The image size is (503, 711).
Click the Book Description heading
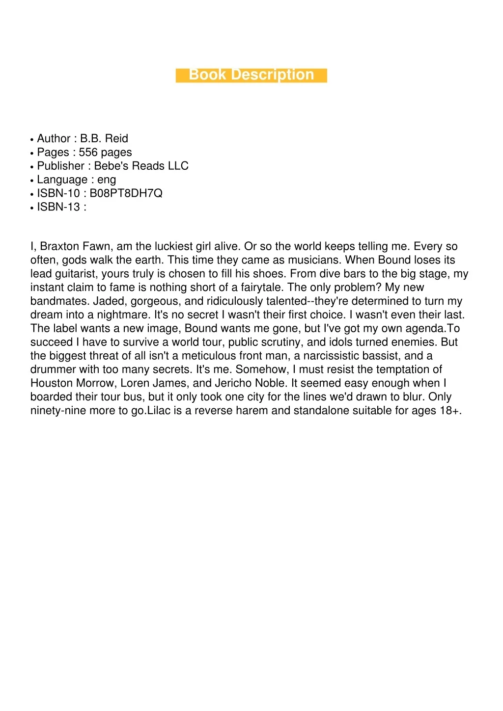(251, 75)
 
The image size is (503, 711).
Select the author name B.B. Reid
(104, 138)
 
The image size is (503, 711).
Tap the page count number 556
(88, 152)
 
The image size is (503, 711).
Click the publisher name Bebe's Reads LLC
(141, 166)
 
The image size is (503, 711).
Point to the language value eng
(107, 180)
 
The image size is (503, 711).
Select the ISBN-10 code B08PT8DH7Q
(126, 193)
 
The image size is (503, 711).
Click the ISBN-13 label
(58, 207)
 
